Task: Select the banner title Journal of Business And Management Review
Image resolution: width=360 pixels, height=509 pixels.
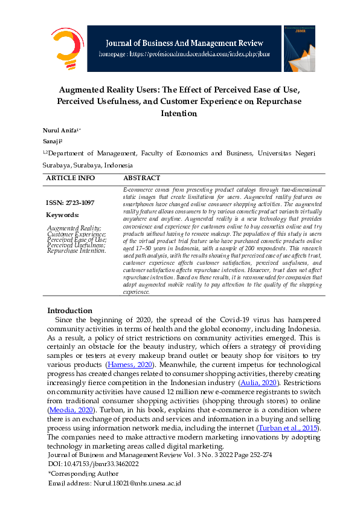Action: (x=184, y=42)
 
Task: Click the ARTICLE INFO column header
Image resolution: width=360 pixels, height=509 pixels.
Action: (x=71, y=178)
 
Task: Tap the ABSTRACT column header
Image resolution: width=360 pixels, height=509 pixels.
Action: (x=141, y=178)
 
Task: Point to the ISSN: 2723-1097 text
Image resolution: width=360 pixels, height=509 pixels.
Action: (x=70, y=203)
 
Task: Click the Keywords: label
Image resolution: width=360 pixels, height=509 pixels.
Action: (x=62, y=215)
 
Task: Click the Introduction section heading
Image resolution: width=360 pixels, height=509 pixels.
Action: (x=69, y=310)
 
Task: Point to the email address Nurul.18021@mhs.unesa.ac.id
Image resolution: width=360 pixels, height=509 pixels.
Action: (x=114, y=484)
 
